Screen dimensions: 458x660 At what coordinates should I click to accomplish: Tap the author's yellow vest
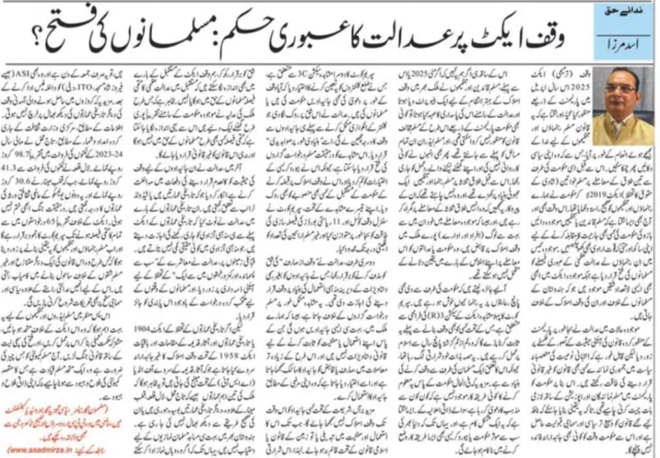tap(621, 129)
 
